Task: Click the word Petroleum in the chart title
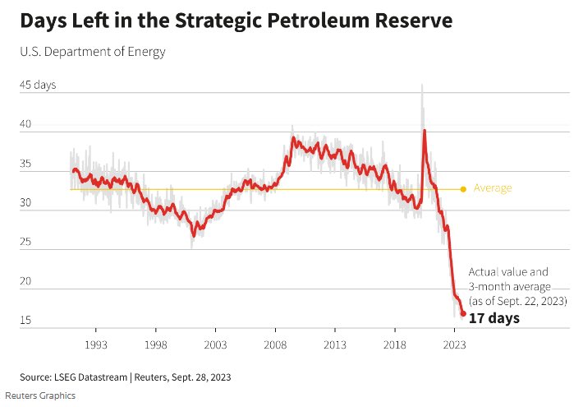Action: [x=323, y=21]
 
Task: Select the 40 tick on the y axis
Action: [x=26, y=125]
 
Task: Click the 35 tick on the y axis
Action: [x=26, y=164]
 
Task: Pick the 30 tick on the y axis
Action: [x=26, y=203]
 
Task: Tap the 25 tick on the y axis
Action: [x=26, y=243]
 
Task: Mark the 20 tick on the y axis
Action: [x=26, y=281]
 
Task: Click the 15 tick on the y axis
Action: [x=26, y=321]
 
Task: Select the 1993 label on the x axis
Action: [x=96, y=345]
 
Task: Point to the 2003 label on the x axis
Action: [x=215, y=345]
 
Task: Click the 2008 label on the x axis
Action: [x=275, y=345]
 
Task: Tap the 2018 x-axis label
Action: [x=395, y=345]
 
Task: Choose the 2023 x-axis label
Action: [x=455, y=345]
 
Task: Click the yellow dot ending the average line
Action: [x=463, y=189]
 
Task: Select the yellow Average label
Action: [x=492, y=188]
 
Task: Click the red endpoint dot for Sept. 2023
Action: [x=463, y=313]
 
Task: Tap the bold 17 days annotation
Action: [x=493, y=317]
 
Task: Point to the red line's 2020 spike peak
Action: [x=425, y=130]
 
